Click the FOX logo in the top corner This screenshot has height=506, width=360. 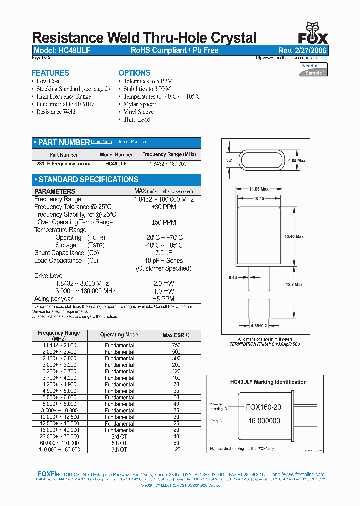click(313, 34)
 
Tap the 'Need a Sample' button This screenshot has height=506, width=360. click(313, 69)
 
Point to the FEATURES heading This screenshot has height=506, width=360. click(50, 73)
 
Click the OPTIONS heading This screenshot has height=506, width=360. click(134, 73)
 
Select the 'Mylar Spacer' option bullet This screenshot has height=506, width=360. click(139, 104)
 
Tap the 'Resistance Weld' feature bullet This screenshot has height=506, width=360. click(56, 112)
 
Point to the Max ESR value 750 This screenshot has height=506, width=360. click(175, 345)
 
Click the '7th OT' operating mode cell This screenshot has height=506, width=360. click(119, 449)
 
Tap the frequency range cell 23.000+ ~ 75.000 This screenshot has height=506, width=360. click(59, 436)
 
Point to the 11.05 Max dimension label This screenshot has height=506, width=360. click(259, 189)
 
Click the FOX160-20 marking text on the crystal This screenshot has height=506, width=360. click(263, 407)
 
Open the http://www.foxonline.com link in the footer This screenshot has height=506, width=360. click(299, 474)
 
